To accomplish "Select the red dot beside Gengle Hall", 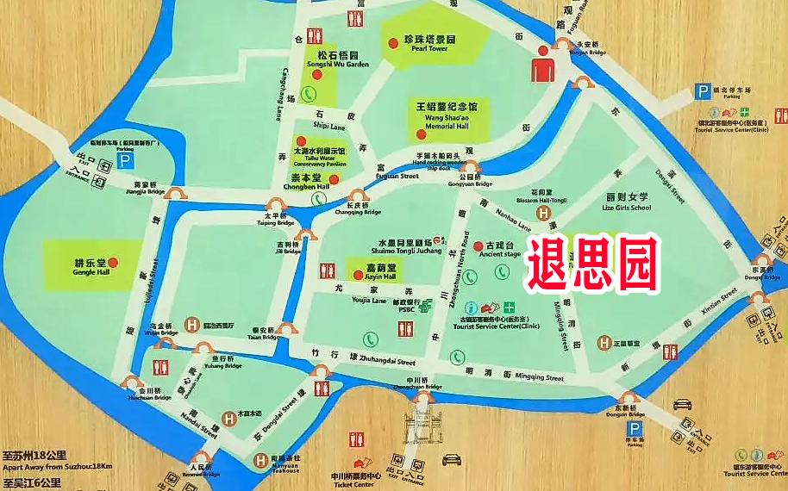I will click(113, 263).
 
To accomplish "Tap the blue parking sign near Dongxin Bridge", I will click(635, 428).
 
